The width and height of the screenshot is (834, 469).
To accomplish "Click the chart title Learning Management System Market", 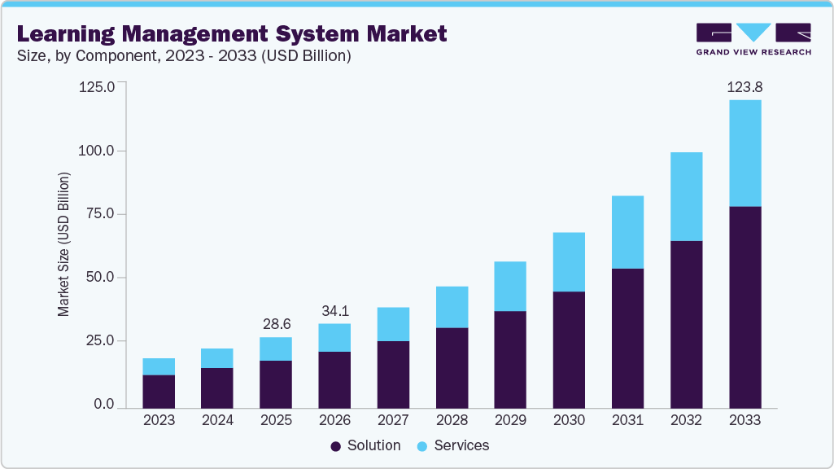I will click(232, 34).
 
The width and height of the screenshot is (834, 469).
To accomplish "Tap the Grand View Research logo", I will click(753, 39).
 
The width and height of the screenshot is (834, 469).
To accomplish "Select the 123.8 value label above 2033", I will click(744, 86).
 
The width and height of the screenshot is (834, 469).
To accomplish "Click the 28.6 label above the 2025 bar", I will click(276, 323).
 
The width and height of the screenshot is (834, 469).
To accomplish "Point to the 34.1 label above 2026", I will click(334, 310).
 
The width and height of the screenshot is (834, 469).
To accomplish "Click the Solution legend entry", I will click(365, 445).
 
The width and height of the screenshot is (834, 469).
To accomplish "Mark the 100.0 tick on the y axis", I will click(98, 151).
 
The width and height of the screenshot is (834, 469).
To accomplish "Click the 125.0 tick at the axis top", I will click(98, 86).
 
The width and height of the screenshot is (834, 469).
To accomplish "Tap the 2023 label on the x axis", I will click(159, 420).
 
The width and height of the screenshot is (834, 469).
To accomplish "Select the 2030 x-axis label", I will click(569, 420).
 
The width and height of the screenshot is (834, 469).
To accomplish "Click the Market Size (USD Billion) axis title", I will click(63, 244).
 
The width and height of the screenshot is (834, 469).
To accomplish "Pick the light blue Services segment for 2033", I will click(744, 153).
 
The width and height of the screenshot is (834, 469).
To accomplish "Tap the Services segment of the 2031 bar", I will click(627, 232).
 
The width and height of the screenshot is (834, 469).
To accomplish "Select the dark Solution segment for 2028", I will click(452, 367).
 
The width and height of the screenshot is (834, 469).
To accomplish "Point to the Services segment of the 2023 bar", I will click(159, 366).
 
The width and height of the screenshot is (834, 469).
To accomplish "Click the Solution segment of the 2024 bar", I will click(217, 388).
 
